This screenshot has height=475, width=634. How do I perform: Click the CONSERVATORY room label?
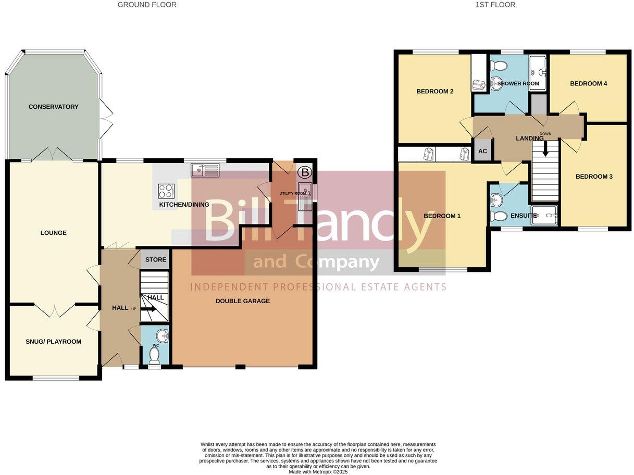53,107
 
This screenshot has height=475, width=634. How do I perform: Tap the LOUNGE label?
53,233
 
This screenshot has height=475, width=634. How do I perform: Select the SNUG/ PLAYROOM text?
53,342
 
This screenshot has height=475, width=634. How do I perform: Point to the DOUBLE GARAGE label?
243,301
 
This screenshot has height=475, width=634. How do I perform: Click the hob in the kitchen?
166,191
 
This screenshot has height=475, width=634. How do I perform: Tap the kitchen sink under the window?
206,169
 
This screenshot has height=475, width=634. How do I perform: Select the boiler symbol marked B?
304,171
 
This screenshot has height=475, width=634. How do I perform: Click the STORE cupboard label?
156,259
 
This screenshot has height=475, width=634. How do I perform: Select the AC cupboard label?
482,152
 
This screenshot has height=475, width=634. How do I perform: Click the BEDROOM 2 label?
435,92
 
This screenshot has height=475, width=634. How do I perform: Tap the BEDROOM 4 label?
589,83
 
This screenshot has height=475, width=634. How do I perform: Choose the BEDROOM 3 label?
594,177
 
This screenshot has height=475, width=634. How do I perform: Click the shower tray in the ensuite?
544,215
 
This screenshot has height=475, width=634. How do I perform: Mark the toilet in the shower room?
498,66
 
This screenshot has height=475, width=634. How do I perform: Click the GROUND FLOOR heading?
147,5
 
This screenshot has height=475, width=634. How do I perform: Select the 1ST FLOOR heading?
495,5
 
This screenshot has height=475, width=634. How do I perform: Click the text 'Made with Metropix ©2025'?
318,472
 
